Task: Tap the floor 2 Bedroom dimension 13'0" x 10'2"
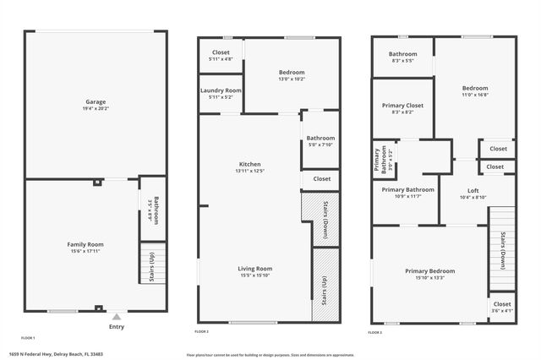(x=292, y=79)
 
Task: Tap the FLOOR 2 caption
(x=202, y=332)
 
